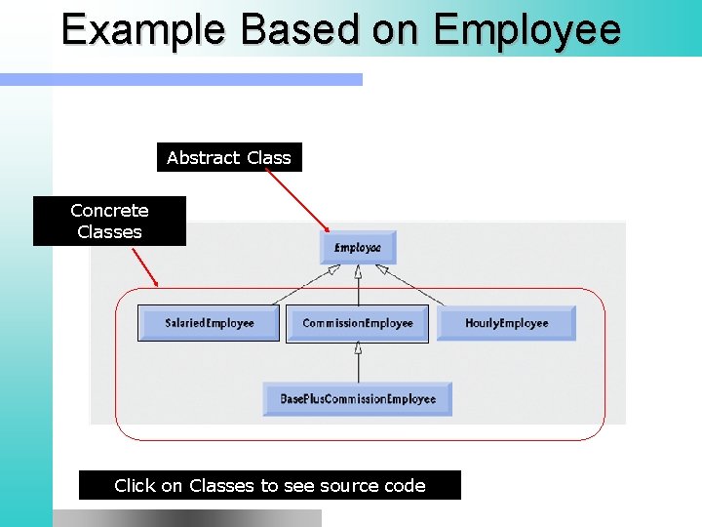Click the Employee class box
358,248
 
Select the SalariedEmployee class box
209,323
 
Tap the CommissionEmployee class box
357,323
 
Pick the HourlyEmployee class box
506,323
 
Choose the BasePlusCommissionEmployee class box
358,399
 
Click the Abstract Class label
229,157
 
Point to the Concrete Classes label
109,222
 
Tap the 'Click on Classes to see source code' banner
270,485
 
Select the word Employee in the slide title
527,30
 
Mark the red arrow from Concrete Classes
144,265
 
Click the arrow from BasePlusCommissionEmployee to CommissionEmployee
358,362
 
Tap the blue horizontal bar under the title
181,80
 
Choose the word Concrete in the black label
109,211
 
